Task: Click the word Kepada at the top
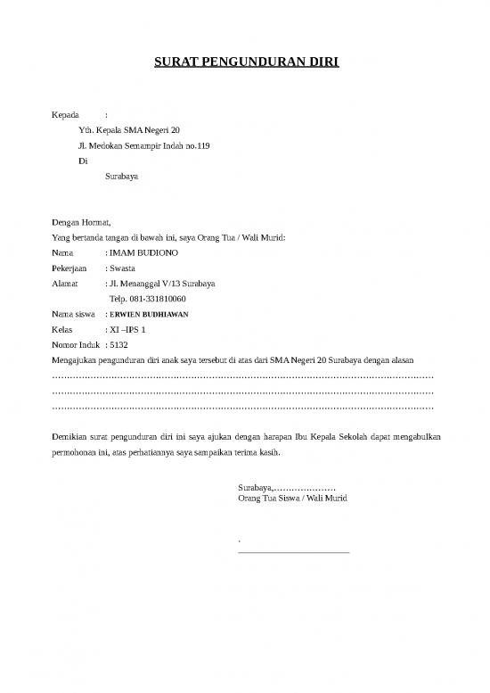coord(67,115)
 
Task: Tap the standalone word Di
coord(83,161)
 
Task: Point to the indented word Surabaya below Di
coord(121,177)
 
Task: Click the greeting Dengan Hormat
coord(81,223)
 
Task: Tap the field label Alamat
coord(67,284)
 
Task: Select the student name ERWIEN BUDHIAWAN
coord(149,315)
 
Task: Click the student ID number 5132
coord(119,344)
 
